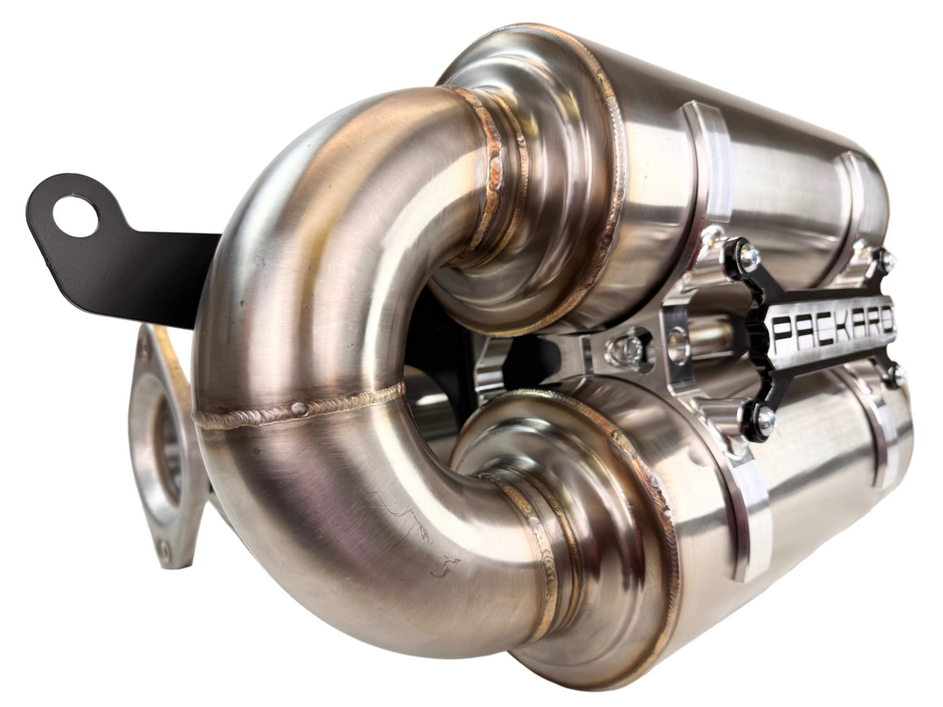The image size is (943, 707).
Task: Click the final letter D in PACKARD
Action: [885, 319]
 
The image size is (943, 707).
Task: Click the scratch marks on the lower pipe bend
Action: [410, 524]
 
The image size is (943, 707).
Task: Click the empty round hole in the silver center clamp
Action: [679, 346]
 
